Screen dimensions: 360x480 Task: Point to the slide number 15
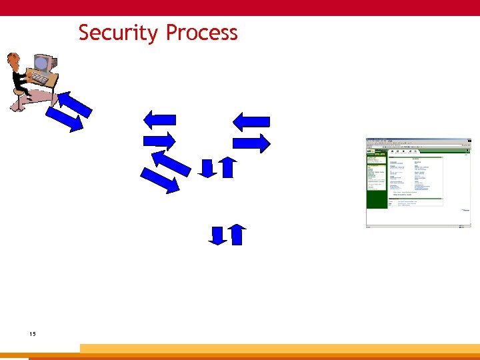[x=33, y=333]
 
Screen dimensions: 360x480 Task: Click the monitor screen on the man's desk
[x=41, y=64]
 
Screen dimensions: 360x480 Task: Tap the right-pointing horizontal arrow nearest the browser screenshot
[x=251, y=143]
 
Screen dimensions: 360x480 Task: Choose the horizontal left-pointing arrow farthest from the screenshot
[x=160, y=119]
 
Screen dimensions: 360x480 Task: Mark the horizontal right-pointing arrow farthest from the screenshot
[x=160, y=141]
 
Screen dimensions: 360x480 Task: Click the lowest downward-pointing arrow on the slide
[x=217, y=235]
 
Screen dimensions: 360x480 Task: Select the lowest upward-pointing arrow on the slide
[x=237, y=235]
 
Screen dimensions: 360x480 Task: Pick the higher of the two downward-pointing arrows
[x=207, y=168]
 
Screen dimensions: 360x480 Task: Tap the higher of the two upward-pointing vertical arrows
[x=227, y=167]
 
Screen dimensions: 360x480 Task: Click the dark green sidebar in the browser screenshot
[x=376, y=183]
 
